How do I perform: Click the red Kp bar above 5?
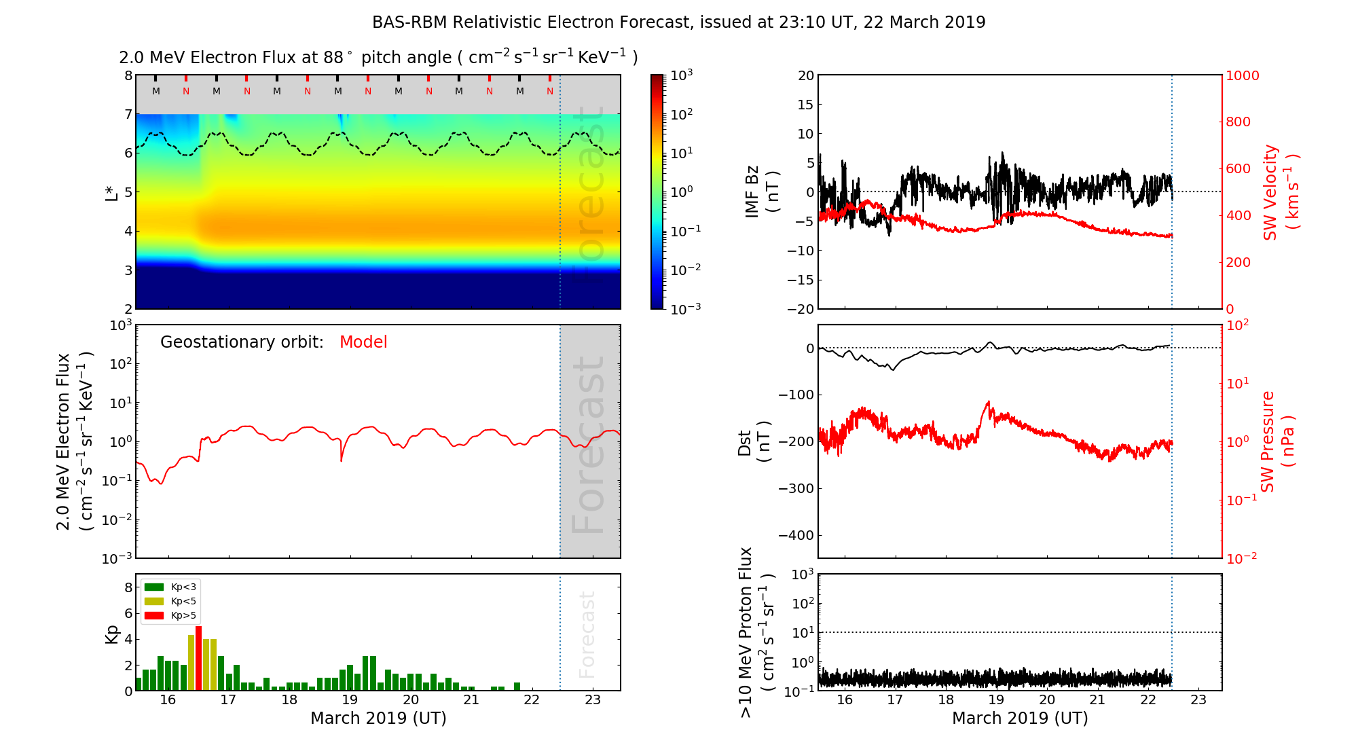tap(198, 657)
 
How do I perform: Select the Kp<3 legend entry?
tap(170, 587)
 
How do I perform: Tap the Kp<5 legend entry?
tap(170, 601)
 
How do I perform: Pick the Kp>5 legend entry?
tap(170, 616)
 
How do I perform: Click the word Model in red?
tap(363, 342)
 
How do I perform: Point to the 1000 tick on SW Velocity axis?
tap(1242, 75)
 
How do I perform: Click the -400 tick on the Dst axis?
tap(795, 535)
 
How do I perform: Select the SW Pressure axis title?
tap(1277, 441)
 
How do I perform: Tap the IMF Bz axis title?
tap(761, 192)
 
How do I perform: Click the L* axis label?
tap(111, 192)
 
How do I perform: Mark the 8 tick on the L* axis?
tap(128, 75)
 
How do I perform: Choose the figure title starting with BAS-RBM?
tap(678, 22)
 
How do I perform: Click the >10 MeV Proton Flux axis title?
tap(756, 632)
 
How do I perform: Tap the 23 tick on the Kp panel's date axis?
tap(593, 700)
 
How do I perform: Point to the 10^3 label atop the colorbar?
tap(681, 75)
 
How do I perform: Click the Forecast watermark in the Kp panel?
tap(587, 634)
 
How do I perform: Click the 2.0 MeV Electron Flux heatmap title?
tap(378, 58)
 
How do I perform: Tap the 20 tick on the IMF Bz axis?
tap(805, 75)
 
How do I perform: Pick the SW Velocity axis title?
tap(1280, 192)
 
